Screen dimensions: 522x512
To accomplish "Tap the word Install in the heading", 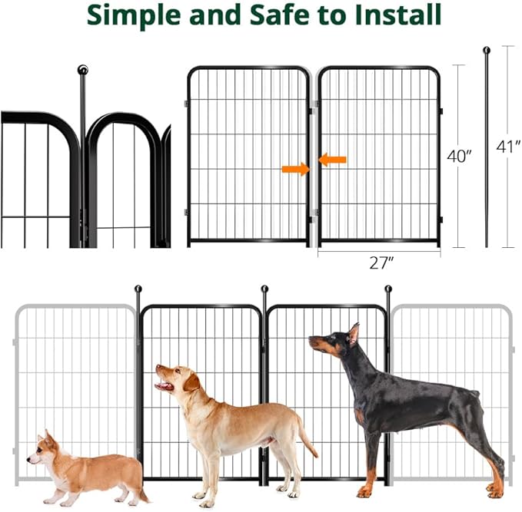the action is (398, 15).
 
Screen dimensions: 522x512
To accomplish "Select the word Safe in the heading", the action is (281, 15).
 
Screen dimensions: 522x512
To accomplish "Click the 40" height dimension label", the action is (459, 156).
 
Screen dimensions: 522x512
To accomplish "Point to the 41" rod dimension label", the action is (508, 147).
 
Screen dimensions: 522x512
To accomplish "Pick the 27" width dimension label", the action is (381, 263).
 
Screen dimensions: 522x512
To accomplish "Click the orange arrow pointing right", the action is (296, 169).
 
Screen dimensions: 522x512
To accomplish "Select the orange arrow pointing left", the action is (333, 160).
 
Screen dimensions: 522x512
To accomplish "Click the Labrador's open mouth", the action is (165, 385).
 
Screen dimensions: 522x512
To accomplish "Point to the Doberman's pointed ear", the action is (354, 332).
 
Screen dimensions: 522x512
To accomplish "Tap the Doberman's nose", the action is (311, 339).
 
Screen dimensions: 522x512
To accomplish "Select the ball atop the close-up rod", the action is (82, 70).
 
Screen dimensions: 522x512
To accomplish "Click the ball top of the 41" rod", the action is (487, 51).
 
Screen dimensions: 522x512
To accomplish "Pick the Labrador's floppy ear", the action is (191, 382).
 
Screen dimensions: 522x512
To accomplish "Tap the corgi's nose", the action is (28, 460).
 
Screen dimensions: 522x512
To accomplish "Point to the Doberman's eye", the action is (332, 337).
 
